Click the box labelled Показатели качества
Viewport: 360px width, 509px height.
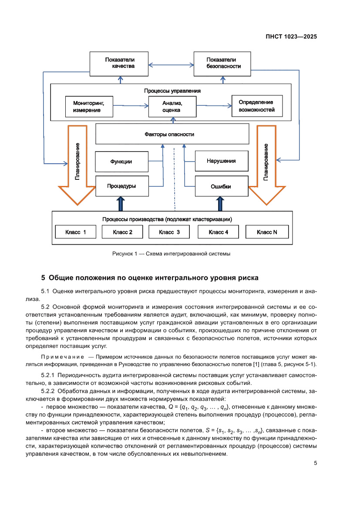pos(119,63)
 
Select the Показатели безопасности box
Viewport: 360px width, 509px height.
pos(223,63)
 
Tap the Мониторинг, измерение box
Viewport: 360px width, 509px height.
pos(88,107)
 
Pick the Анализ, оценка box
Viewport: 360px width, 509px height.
pos(172,107)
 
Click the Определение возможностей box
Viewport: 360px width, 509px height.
pos(256,106)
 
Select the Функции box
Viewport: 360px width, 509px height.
pos(121,162)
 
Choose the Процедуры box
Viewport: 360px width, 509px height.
pos(121,186)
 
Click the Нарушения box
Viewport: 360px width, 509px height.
pos(221,161)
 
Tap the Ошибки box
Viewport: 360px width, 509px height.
pos(221,186)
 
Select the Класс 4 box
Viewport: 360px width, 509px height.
pos(219,232)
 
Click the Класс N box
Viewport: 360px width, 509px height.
pos(267,232)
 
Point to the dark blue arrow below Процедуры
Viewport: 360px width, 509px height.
pos(121,204)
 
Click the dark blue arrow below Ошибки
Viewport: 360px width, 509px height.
pos(221,204)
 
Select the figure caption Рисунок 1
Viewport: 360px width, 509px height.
pos(171,253)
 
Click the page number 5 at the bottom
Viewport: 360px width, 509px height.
pos(315,463)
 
